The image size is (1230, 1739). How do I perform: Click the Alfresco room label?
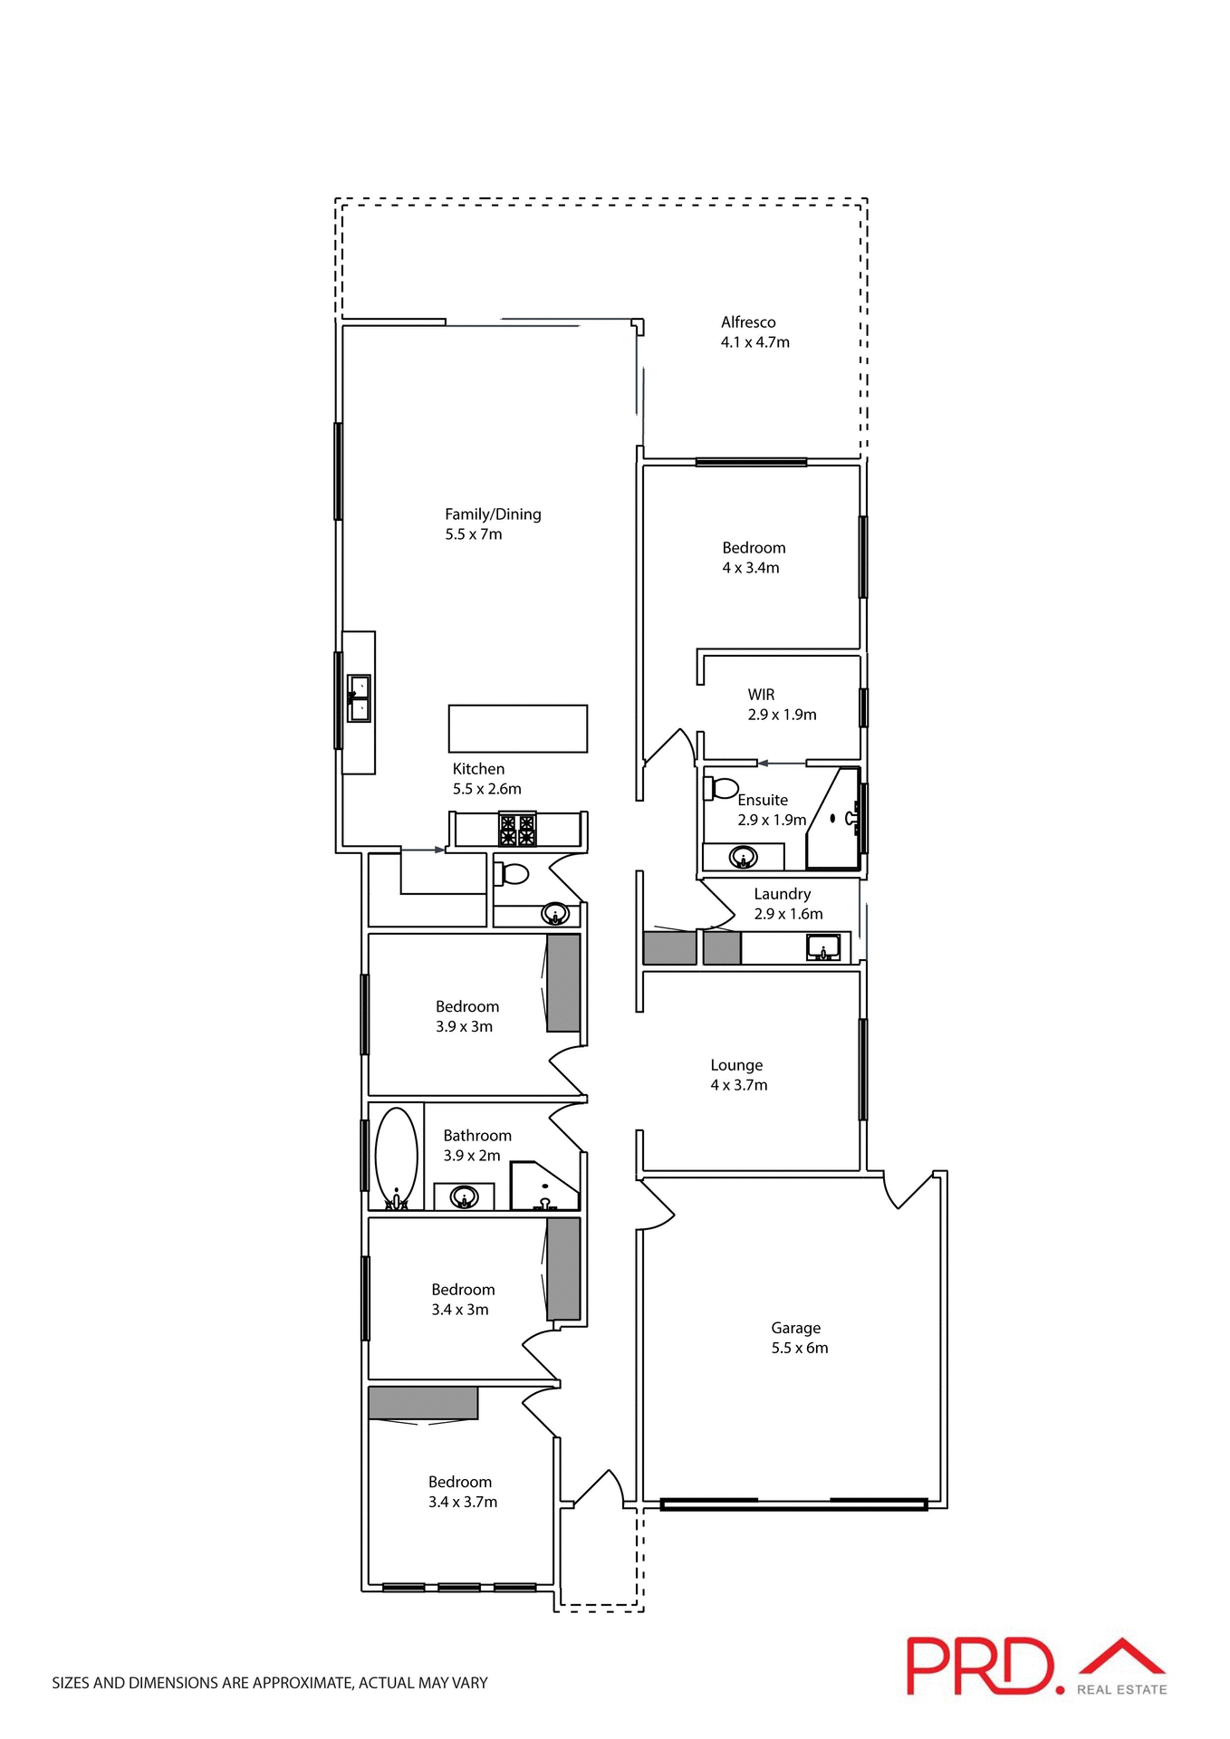[x=748, y=322]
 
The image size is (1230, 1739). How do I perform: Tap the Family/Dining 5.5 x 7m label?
[x=492, y=524]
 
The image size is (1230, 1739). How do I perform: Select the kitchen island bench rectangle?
[x=517, y=728]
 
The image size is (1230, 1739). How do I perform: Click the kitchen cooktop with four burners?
[x=517, y=830]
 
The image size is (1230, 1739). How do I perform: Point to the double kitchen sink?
[x=360, y=698]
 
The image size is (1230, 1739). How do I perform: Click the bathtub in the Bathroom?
[x=396, y=1158]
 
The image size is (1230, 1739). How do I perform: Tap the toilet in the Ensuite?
[x=722, y=787]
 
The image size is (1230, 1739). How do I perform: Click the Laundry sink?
[x=822, y=948]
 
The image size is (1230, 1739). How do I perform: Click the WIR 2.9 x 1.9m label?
[x=781, y=705]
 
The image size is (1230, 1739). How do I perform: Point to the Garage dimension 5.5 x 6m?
[x=799, y=1348]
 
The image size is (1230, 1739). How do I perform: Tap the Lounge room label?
[x=736, y=1065]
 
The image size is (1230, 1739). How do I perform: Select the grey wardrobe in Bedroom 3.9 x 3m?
[x=562, y=983]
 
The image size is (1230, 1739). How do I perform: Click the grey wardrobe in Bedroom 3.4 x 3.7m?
[x=423, y=1402]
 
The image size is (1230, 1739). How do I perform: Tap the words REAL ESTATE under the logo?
[x=1121, y=1689]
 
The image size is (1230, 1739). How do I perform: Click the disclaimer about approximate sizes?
[x=270, y=1683]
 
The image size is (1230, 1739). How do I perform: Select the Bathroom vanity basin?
[x=464, y=1196]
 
